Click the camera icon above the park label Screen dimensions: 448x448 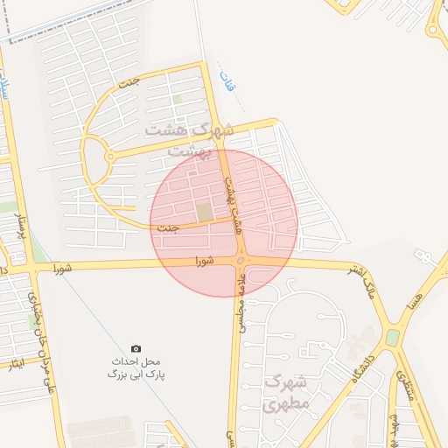(x=136, y=348)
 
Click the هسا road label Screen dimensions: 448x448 (x=428, y=284)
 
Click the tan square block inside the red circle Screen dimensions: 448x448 (x=204, y=213)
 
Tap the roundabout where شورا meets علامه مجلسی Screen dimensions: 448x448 (x=240, y=261)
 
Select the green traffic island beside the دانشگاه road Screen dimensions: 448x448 (x=392, y=338)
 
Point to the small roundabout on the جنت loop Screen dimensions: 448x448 (x=109, y=157)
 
